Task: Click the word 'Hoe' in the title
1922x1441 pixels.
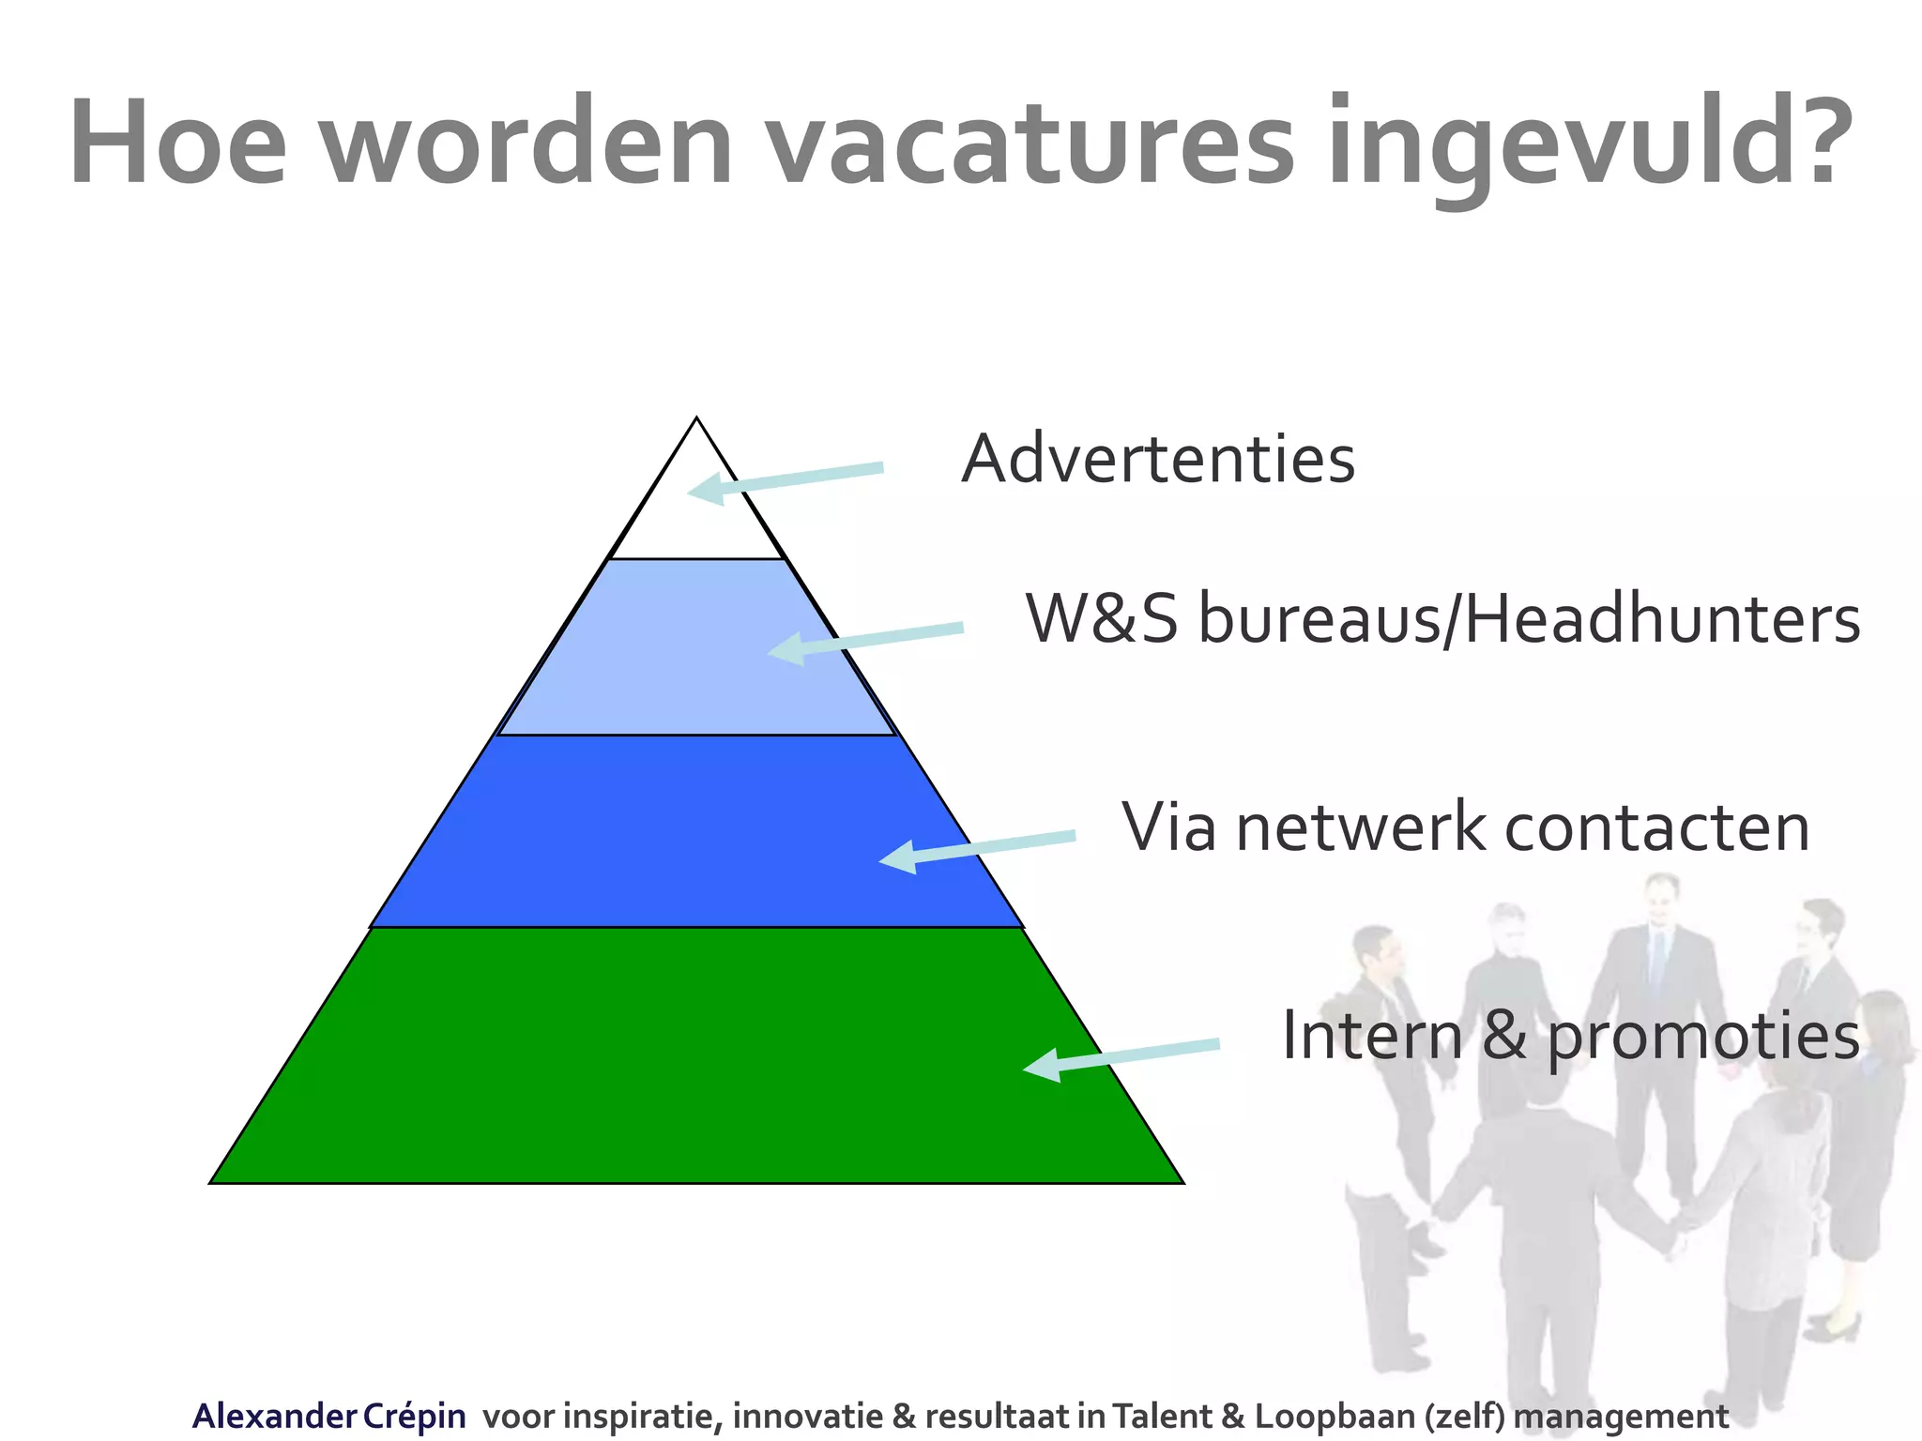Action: [x=177, y=143]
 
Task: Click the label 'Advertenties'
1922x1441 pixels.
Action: [x=1158, y=460]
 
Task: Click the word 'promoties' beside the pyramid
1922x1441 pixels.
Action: [x=1702, y=1037]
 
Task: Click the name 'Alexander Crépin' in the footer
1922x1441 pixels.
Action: [x=328, y=1416]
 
